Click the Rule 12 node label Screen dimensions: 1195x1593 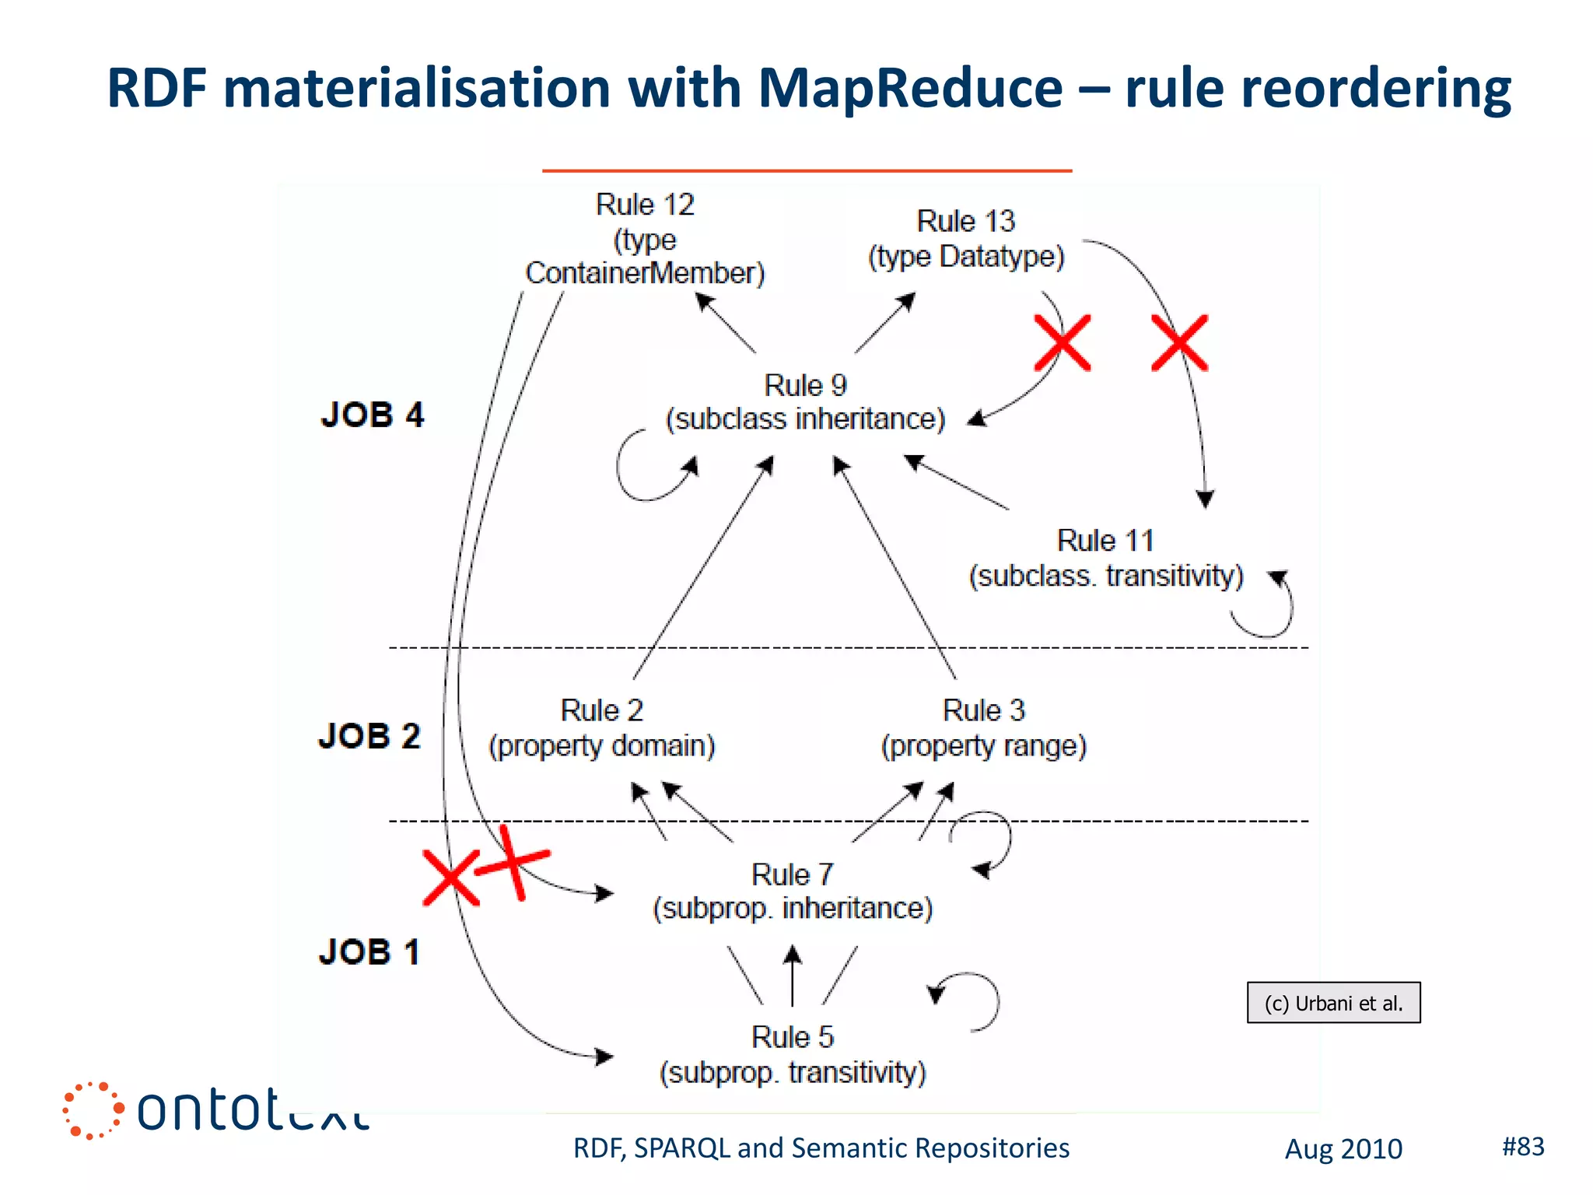[x=645, y=239]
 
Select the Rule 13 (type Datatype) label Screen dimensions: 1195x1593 [x=966, y=239]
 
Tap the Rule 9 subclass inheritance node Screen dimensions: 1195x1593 [x=805, y=402]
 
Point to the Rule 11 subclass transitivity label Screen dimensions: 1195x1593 [x=1105, y=559]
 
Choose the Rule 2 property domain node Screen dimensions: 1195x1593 [x=601, y=728]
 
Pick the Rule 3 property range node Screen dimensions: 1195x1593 [x=983, y=728]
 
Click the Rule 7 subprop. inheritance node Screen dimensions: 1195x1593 [x=793, y=892]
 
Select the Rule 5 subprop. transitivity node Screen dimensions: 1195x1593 [x=793, y=1055]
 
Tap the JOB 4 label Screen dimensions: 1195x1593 [x=372, y=415]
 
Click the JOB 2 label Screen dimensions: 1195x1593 [x=369, y=736]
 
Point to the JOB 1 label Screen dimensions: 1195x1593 [x=369, y=952]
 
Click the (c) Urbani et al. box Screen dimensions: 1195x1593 [x=1333, y=1003]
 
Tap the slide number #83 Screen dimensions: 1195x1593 [x=1523, y=1146]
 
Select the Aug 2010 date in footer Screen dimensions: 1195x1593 [x=1343, y=1149]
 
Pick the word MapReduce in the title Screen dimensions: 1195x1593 [x=910, y=88]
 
